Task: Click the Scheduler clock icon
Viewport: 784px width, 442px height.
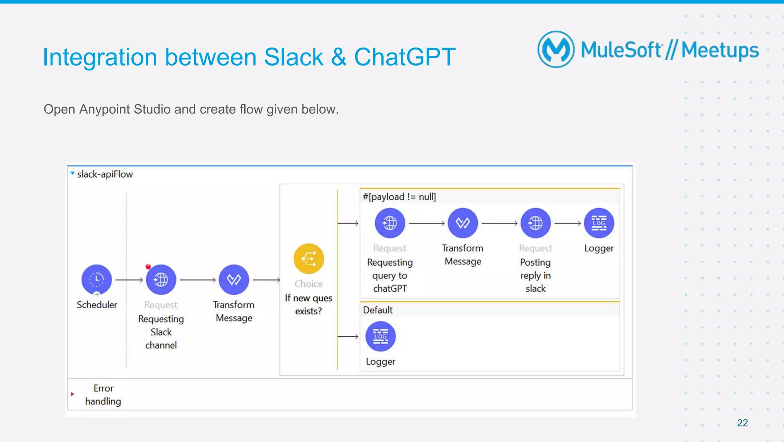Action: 96,279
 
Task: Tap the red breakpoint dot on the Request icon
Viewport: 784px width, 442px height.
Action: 148,267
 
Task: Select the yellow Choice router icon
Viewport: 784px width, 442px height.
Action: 309,259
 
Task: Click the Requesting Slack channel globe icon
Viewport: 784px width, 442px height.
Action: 161,279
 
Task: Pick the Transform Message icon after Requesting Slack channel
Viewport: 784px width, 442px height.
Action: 234,279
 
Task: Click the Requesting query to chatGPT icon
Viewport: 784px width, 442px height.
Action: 390,223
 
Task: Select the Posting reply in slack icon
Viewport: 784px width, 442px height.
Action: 535,223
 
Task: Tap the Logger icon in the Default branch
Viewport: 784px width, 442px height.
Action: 380,336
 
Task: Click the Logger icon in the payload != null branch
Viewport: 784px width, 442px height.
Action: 599,223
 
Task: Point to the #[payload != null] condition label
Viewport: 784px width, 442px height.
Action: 399,197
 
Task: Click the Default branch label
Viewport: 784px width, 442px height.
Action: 377,310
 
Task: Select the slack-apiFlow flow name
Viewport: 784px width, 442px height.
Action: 105,174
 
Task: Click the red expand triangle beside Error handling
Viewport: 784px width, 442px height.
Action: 72,394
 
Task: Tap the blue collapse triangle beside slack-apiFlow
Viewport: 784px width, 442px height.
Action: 72,174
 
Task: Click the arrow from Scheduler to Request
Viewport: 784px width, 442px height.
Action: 129,280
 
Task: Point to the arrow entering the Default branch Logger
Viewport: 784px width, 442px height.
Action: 348,337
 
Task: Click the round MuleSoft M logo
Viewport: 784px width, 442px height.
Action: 556,49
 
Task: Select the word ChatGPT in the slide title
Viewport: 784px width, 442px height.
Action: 405,57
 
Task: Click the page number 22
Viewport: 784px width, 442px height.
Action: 742,423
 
